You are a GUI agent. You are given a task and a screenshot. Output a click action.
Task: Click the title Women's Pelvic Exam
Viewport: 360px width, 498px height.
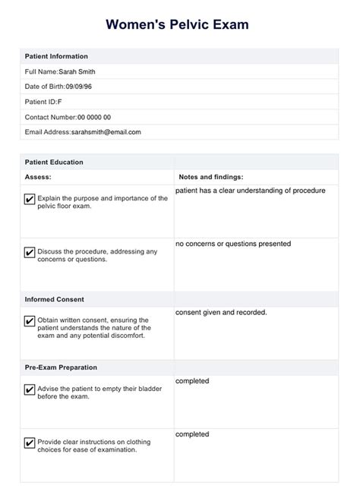tap(180, 25)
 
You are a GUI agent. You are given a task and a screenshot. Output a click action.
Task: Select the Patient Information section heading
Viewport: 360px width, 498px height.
tap(56, 56)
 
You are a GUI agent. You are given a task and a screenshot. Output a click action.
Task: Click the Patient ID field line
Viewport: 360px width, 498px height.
tap(45, 102)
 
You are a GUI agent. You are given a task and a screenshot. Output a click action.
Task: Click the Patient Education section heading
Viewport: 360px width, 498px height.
tap(54, 162)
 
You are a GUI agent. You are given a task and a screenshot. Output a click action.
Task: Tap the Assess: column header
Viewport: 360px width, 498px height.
tap(38, 177)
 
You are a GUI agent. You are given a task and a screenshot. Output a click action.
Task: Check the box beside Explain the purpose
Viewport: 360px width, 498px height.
tap(30, 200)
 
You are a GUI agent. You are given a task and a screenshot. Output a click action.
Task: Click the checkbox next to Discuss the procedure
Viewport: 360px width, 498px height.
tap(30, 253)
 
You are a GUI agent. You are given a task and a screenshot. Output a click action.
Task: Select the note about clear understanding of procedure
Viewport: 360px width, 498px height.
tap(250, 191)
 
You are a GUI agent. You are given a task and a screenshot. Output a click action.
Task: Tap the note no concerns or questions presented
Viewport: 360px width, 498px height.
tap(232, 244)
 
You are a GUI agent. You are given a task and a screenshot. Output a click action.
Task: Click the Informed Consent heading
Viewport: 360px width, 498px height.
tap(55, 299)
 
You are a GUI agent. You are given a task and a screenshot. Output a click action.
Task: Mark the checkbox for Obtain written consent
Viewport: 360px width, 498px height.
tap(30, 320)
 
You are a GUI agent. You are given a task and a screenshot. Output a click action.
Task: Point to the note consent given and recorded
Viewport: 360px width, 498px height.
tap(221, 312)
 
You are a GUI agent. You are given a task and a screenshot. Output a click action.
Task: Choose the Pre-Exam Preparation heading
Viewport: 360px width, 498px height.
tap(61, 367)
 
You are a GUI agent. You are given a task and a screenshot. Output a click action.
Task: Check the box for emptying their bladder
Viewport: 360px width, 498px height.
tap(30, 390)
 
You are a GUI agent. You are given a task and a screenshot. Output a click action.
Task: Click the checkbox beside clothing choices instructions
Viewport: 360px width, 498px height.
tap(30, 443)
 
